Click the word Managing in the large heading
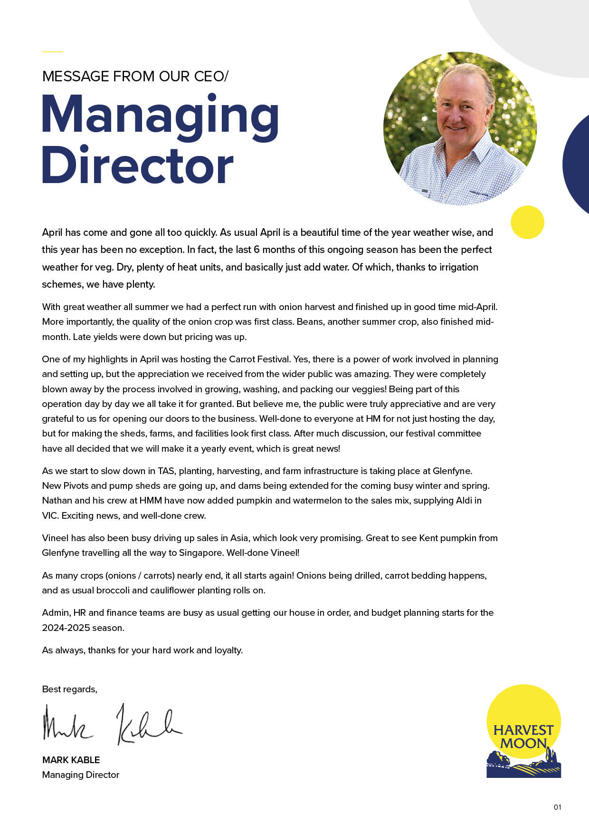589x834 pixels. [x=160, y=116]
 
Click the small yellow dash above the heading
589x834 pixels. [x=52, y=51]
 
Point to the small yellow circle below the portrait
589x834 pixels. [x=527, y=222]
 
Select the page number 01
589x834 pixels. [x=557, y=807]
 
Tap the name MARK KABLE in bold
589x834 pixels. [x=71, y=760]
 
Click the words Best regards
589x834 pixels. [x=69, y=689]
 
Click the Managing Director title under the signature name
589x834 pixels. [x=81, y=775]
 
